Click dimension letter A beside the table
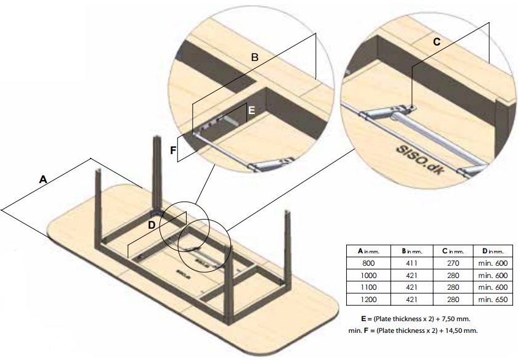(x=42, y=179)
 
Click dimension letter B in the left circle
(x=254, y=57)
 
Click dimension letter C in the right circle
(x=436, y=41)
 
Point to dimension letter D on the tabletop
(x=152, y=225)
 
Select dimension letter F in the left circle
(x=173, y=149)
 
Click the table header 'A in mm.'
(x=368, y=251)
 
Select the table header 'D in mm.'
(x=492, y=251)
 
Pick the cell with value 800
(x=368, y=263)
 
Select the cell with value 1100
(x=368, y=287)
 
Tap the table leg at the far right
(x=288, y=247)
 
